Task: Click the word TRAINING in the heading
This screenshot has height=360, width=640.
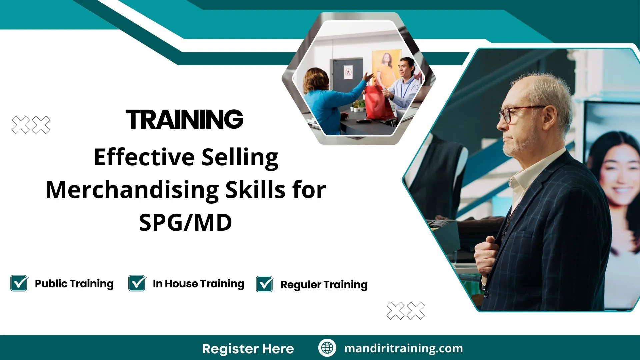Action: coord(184,119)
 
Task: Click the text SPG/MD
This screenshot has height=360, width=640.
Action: coord(185,223)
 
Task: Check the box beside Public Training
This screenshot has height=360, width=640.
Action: coord(19,283)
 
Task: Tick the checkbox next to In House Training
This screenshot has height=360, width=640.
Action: coord(137,283)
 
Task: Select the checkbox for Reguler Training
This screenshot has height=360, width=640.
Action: coord(265,284)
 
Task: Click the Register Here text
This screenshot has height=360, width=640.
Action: coord(248,349)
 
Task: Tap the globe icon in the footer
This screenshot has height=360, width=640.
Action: coord(327,348)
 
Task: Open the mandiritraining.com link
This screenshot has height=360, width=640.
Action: coord(403,348)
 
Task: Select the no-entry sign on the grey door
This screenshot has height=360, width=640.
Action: coord(348,72)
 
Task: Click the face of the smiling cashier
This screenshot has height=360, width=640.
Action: coord(406,68)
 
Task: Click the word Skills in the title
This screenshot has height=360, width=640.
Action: coord(255,190)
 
